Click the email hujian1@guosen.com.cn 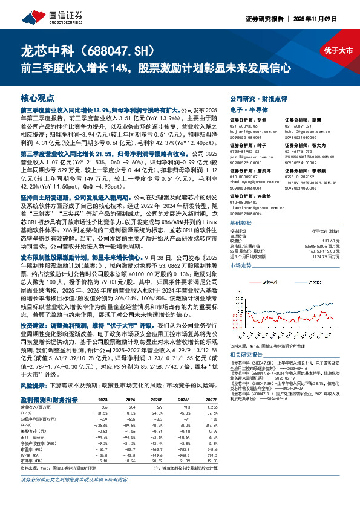point(254,131)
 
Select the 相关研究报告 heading point(249,355)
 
